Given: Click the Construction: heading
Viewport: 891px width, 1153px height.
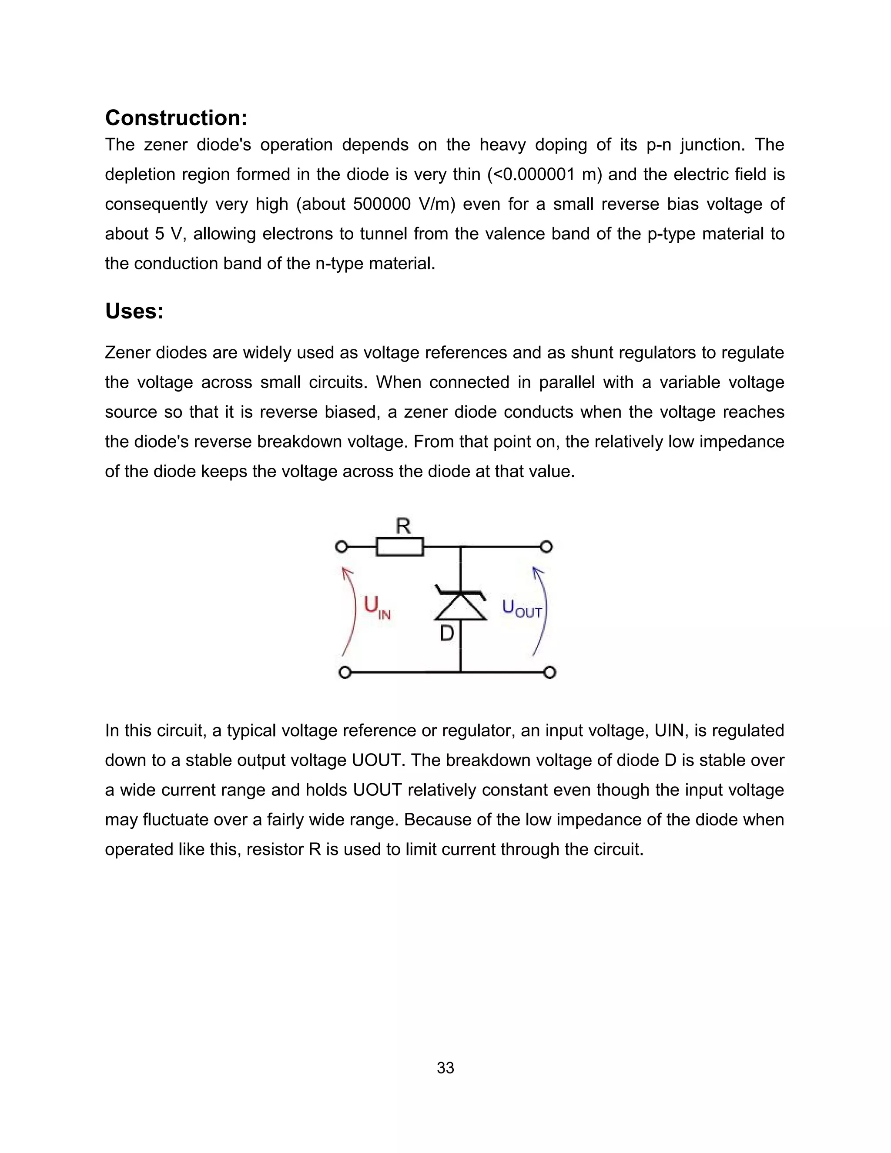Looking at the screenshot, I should [176, 118].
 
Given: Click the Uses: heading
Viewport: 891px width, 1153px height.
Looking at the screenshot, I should [134, 311].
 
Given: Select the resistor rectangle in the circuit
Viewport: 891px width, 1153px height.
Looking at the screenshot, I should [399, 547].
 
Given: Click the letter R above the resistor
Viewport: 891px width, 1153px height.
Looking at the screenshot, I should [403, 526].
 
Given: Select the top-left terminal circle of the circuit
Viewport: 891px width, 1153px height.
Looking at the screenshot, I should [342, 547].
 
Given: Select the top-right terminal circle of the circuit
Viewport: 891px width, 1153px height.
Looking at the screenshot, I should [547, 547].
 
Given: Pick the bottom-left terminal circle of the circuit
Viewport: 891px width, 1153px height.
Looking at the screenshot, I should [345, 673].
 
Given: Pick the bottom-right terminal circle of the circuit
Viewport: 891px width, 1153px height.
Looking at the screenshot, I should [549, 673].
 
